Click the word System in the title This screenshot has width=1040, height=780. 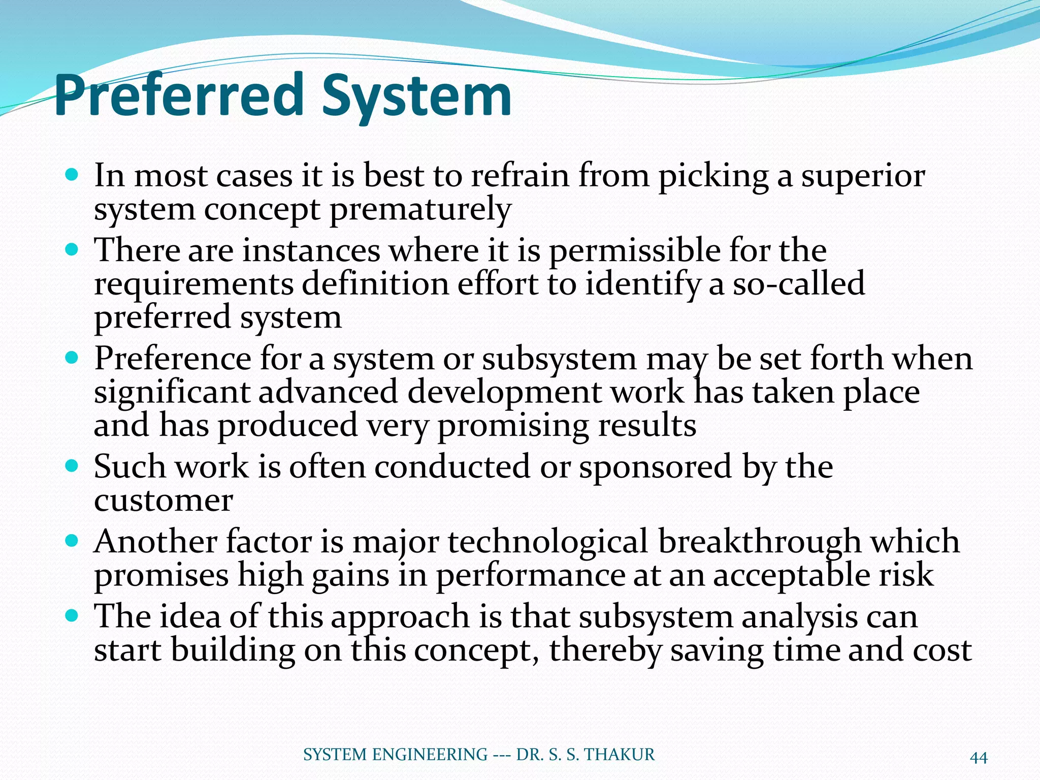coord(416,96)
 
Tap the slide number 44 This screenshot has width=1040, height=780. coord(979,758)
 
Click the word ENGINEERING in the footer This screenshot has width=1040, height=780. coord(430,755)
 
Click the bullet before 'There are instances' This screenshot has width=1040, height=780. coord(72,250)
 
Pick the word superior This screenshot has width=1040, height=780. coord(863,177)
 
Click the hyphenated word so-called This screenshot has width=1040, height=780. coord(798,283)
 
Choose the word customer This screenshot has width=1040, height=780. coord(163,501)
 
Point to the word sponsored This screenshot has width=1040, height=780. coord(656,467)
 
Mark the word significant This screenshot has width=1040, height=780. coord(172,393)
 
